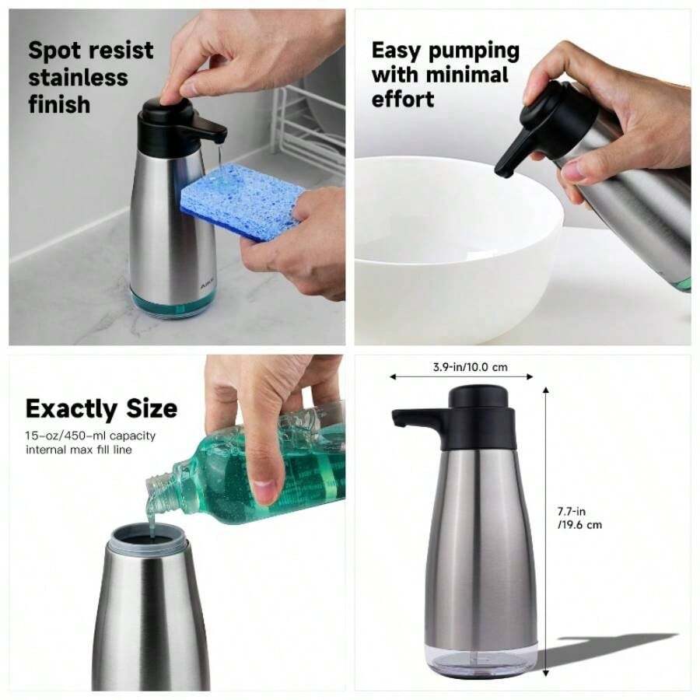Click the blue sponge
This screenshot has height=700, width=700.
(x=242, y=201)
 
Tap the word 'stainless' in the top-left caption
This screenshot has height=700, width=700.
(x=78, y=77)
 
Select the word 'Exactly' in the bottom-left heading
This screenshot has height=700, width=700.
(x=71, y=408)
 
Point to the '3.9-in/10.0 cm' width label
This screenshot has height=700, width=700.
(x=470, y=367)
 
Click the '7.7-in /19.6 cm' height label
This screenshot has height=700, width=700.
(x=579, y=518)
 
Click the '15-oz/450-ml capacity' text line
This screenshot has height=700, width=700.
(x=90, y=436)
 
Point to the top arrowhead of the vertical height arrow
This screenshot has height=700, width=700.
(x=545, y=391)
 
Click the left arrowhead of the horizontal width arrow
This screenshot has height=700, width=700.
(x=394, y=377)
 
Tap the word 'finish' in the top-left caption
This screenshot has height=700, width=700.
(x=59, y=104)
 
